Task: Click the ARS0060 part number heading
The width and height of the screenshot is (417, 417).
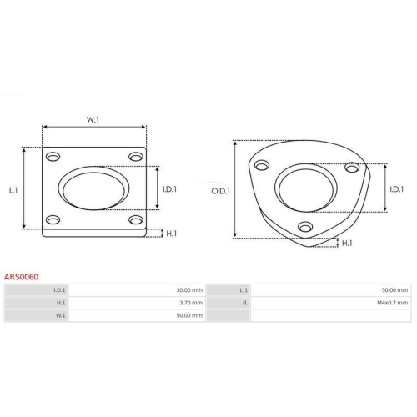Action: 21,277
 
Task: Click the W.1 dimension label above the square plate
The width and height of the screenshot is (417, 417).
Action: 93,120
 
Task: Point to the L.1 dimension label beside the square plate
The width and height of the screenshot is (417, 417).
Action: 13,190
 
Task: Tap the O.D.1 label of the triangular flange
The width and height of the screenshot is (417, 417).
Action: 221,191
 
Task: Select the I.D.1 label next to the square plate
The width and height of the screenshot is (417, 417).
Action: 169,189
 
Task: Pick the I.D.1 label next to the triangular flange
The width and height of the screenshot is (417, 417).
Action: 397,189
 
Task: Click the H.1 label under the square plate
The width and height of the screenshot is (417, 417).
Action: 171,234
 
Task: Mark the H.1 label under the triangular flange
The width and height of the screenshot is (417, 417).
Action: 347,244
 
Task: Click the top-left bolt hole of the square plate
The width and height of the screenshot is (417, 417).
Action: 53,157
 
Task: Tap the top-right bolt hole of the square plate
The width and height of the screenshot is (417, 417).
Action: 136,157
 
